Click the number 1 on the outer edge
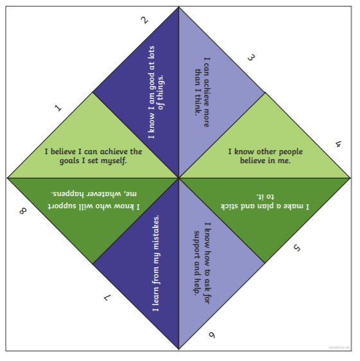tap(58, 108)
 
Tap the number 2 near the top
tap(144, 21)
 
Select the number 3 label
tap(251, 58)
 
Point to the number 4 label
tap(338, 145)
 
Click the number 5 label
tap(296, 248)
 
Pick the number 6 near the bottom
tap(212, 335)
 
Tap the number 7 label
tap(107, 298)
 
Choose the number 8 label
tap(22, 211)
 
